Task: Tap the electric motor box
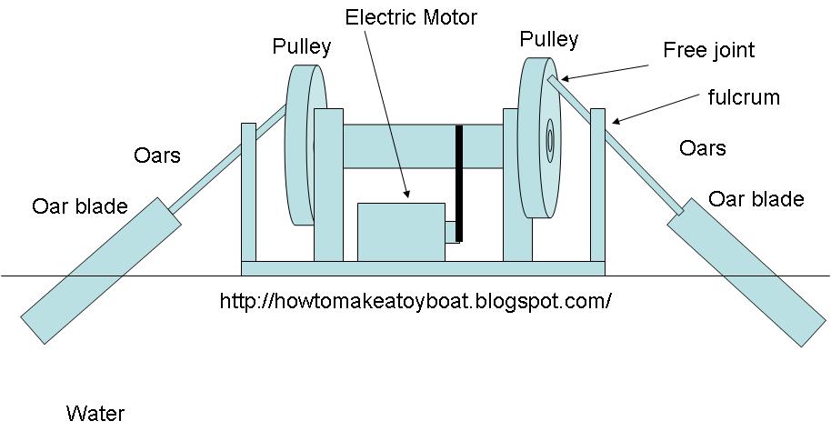(400, 232)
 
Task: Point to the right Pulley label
(548, 39)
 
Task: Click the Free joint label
(709, 49)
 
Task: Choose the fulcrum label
(744, 96)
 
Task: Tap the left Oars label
(156, 155)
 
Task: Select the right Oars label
(702, 147)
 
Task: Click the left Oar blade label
(80, 206)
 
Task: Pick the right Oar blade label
(756, 198)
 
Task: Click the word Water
(95, 414)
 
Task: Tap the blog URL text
(415, 300)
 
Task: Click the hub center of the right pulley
(550, 142)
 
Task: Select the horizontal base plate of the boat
(423, 267)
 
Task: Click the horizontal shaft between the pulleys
(400, 146)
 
